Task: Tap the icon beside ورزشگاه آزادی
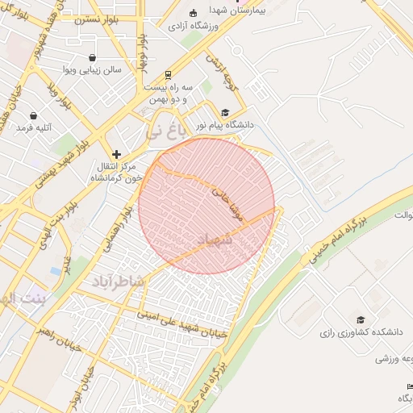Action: tap(193, 13)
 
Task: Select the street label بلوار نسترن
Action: tap(97, 19)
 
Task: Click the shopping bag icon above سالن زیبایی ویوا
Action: tap(94, 58)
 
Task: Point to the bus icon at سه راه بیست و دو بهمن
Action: tap(168, 73)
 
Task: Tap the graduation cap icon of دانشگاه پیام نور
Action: tap(226, 112)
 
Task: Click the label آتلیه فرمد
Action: tap(33, 127)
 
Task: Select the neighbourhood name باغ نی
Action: tap(170, 127)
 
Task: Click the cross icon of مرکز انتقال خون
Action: tap(117, 153)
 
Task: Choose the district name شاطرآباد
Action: tap(117, 280)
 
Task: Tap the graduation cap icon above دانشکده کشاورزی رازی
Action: tap(360, 319)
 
